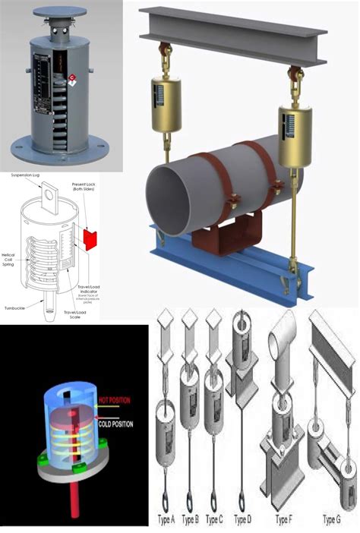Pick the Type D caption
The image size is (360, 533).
click(242, 519)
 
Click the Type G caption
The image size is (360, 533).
click(331, 519)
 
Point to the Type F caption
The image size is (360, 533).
click(283, 519)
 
